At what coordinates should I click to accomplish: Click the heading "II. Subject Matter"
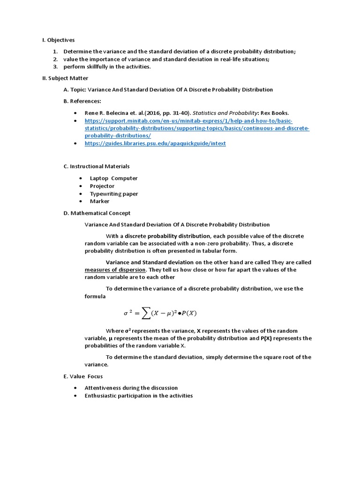[65, 78]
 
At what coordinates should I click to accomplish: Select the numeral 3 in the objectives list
[55, 67]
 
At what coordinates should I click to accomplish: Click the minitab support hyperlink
[197, 128]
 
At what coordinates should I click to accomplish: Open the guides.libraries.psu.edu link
[155, 143]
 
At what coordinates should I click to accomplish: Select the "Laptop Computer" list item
[114, 178]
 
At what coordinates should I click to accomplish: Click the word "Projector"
[102, 186]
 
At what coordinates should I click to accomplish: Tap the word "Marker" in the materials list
[100, 201]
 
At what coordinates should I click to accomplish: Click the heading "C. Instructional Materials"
[97, 166]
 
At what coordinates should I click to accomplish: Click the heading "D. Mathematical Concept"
[97, 213]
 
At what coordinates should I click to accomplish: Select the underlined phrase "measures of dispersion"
[115, 270]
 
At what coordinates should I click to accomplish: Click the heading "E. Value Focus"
[83, 376]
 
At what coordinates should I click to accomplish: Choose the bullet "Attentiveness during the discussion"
[131, 388]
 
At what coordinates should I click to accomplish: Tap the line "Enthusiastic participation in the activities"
[139, 396]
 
